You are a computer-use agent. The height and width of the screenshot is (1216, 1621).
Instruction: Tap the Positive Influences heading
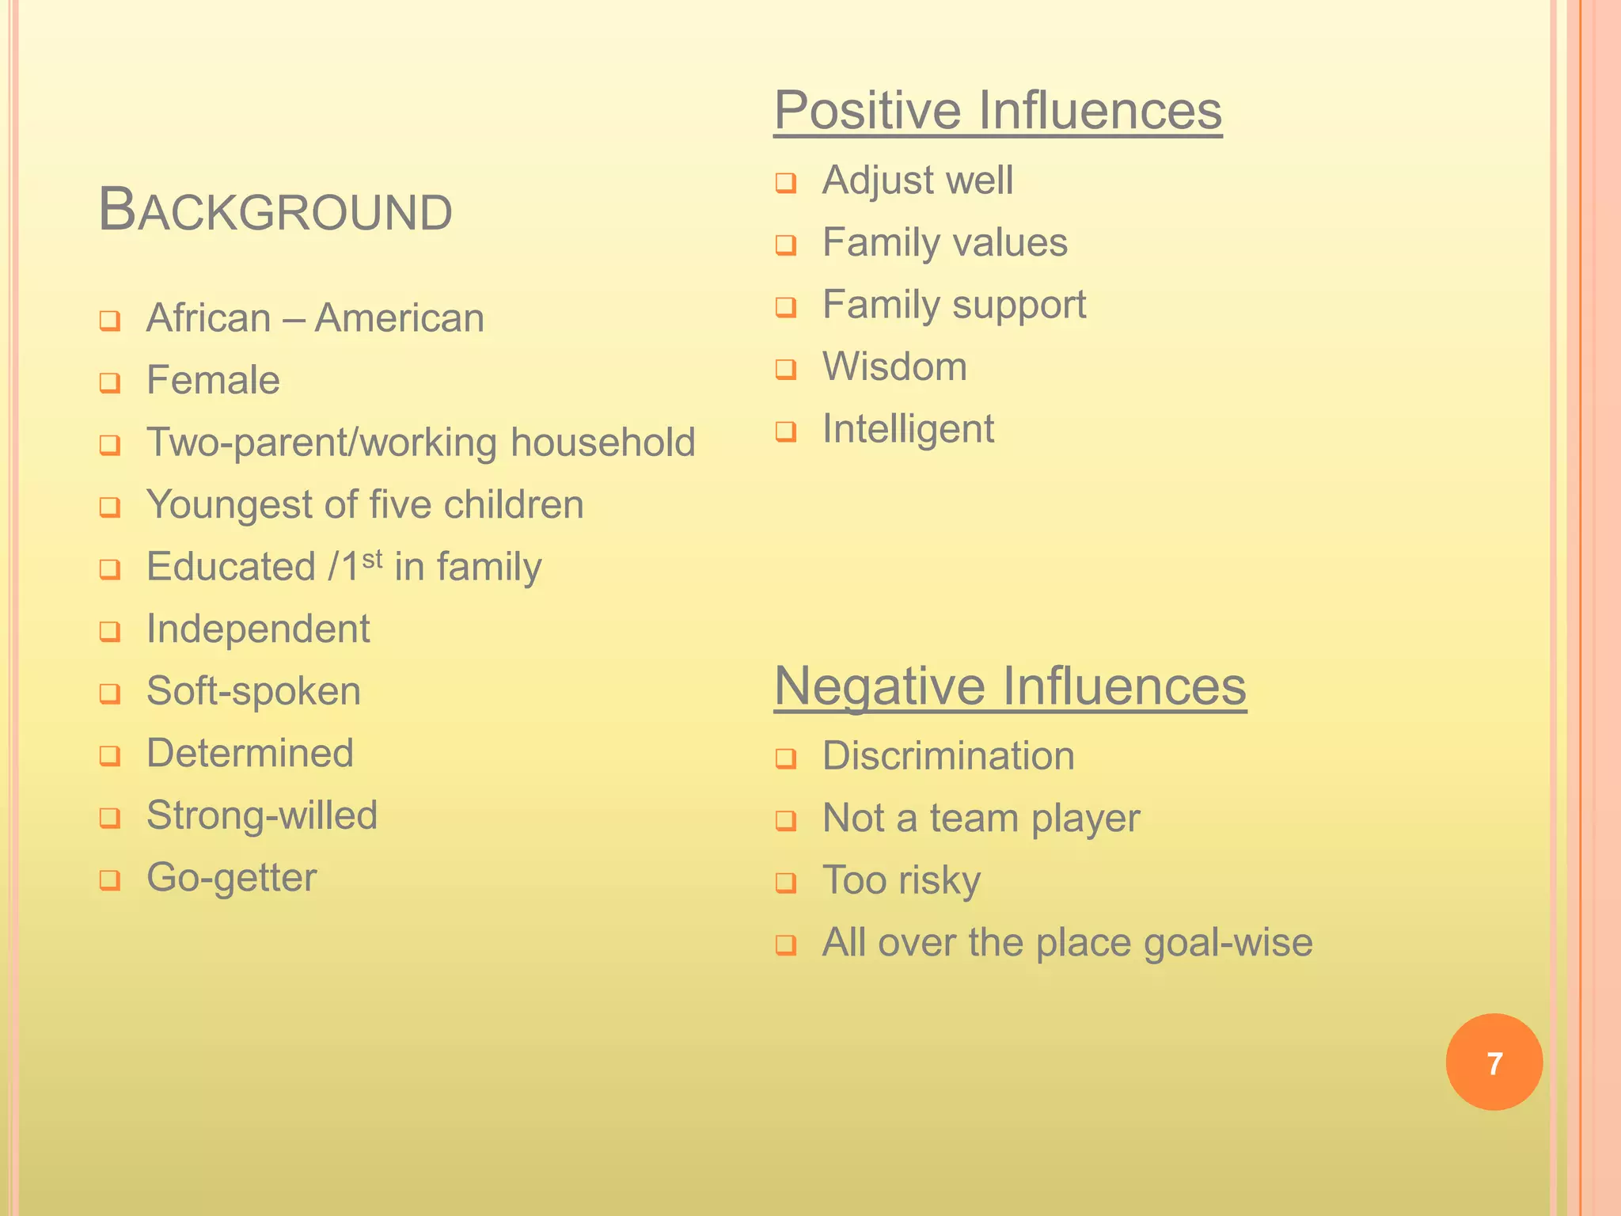pos(997,110)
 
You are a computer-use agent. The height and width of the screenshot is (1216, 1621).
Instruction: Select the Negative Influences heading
pos(1009,686)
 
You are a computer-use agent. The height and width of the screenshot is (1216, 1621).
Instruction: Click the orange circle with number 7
pos(1494,1062)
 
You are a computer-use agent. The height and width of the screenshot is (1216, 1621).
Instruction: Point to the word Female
pos(213,380)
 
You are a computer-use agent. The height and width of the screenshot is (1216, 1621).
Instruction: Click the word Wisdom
pos(894,367)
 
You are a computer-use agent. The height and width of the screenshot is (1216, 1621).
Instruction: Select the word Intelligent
pos(908,429)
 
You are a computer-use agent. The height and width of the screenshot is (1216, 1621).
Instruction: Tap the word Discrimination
pos(948,756)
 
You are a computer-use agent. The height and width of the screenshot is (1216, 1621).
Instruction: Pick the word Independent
pos(258,629)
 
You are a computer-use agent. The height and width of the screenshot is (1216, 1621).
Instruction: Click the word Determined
pos(250,753)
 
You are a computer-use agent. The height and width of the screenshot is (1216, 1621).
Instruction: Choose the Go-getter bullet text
pos(232,878)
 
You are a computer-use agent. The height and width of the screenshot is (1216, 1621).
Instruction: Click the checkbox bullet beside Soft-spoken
pos(110,694)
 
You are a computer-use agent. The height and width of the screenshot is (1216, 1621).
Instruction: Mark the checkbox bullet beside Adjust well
pos(785,184)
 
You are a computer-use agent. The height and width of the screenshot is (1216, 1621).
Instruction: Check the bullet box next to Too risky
pos(785,883)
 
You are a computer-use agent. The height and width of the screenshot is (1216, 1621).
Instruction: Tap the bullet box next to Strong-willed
pos(110,818)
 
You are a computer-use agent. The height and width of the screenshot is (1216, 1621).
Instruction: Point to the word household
pos(602,443)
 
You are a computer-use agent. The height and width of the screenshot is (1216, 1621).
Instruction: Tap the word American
pos(400,319)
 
